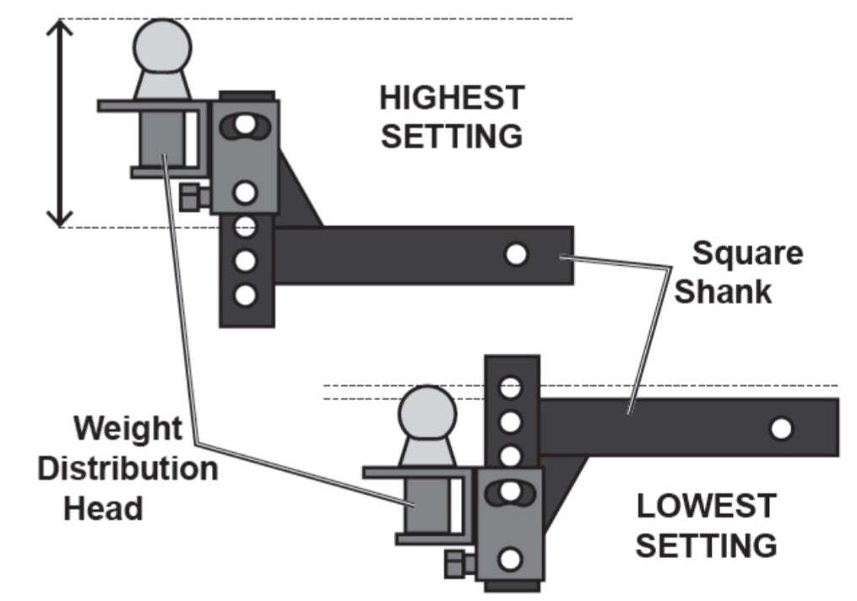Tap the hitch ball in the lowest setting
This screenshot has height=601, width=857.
click(x=428, y=413)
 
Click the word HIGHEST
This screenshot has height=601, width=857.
click(x=452, y=98)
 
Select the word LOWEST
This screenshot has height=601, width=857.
click(x=706, y=506)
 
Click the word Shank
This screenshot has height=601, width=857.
click(x=723, y=291)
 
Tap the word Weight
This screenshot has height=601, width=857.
click(x=127, y=428)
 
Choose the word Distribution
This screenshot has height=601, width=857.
click(x=127, y=468)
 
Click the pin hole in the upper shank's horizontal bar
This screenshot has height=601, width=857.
click(x=517, y=254)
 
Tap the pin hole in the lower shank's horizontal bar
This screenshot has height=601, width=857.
click(x=782, y=429)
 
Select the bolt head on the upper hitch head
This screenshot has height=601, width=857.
click(x=193, y=198)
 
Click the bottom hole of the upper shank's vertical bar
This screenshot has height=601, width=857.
click(x=246, y=295)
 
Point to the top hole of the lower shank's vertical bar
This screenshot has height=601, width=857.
click(x=510, y=387)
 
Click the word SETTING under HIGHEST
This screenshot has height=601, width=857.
click(x=452, y=136)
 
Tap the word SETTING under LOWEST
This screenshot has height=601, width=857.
click(x=706, y=545)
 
